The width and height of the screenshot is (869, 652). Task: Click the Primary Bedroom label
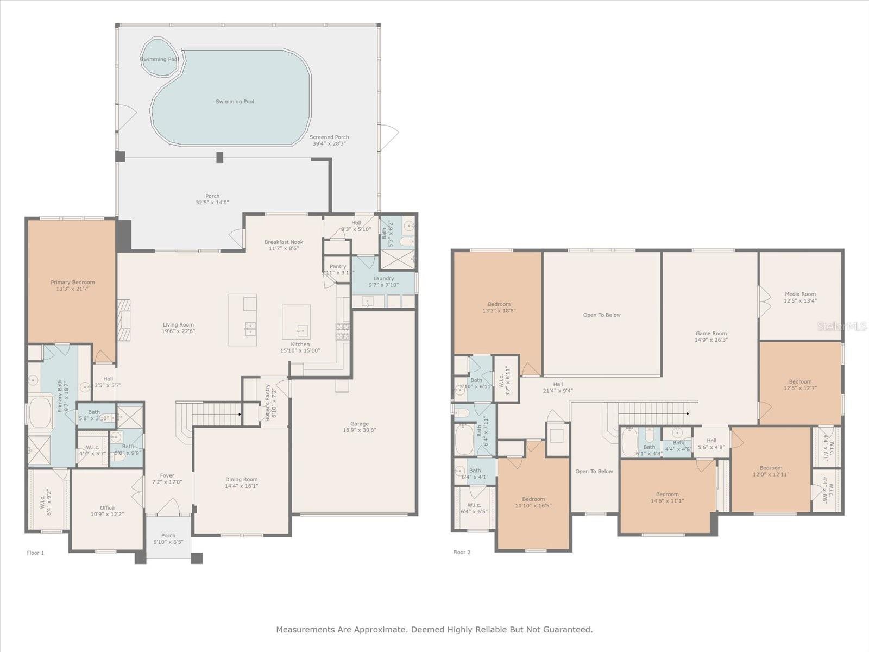pyautogui.click(x=72, y=282)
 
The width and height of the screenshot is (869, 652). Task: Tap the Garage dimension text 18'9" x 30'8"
pyautogui.click(x=359, y=430)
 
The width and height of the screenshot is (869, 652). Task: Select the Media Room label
pyautogui.click(x=800, y=294)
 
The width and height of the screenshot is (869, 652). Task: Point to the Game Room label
pyautogui.click(x=711, y=334)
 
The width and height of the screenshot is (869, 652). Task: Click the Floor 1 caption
pyautogui.click(x=35, y=553)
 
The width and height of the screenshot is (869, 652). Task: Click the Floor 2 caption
pyautogui.click(x=462, y=552)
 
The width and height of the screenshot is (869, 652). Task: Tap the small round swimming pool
pyautogui.click(x=159, y=57)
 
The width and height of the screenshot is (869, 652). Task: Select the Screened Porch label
pyautogui.click(x=329, y=137)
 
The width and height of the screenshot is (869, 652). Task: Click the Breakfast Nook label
pyautogui.click(x=284, y=242)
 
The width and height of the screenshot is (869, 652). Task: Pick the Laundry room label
pyautogui.click(x=383, y=278)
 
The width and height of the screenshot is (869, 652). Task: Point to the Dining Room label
pyautogui.click(x=241, y=479)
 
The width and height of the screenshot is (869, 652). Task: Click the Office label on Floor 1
pyautogui.click(x=107, y=507)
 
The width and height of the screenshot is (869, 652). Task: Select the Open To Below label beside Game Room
pyautogui.click(x=602, y=315)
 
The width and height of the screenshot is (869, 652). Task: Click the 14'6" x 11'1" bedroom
pyautogui.click(x=666, y=498)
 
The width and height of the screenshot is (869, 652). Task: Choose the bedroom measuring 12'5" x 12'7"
pyautogui.click(x=800, y=385)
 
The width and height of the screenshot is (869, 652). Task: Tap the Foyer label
pyautogui.click(x=167, y=475)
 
